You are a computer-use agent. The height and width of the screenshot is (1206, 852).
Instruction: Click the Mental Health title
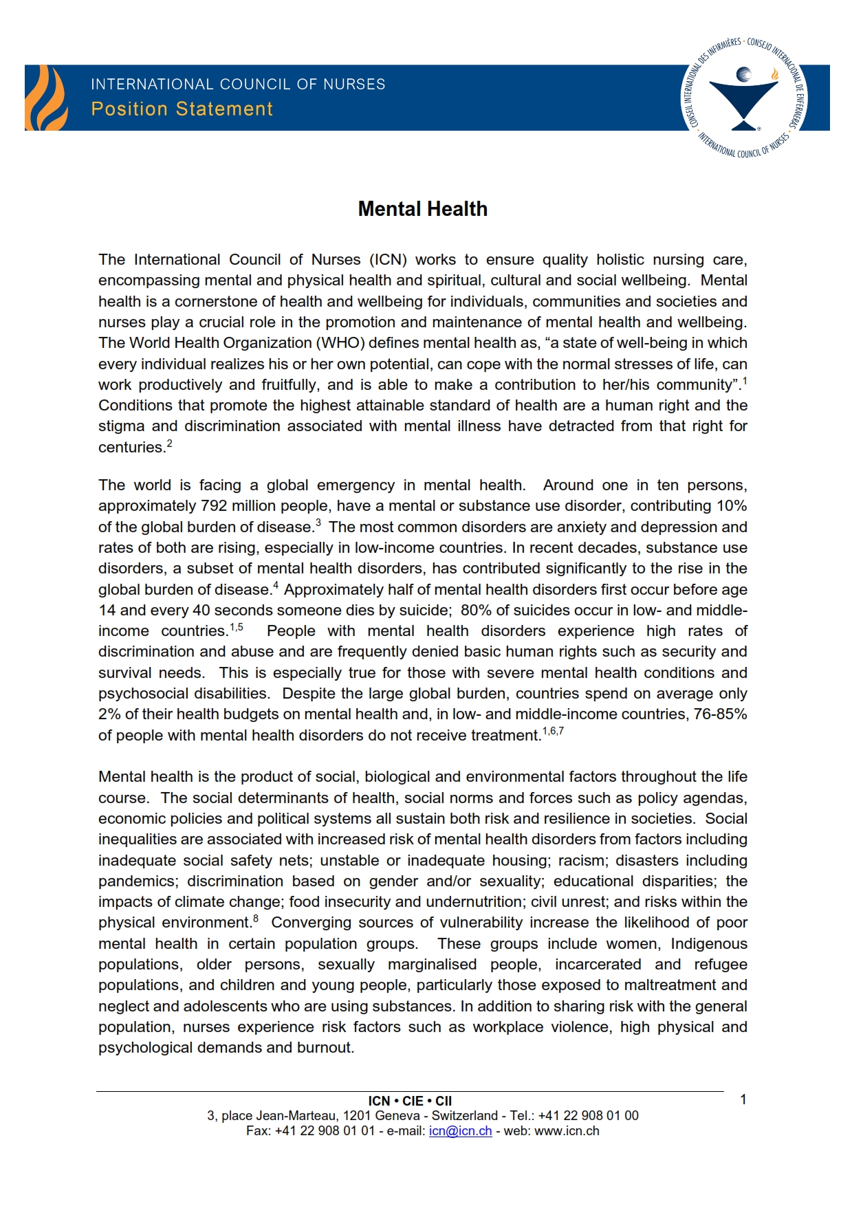[422, 209]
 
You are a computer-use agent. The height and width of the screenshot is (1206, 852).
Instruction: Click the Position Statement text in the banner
[182, 109]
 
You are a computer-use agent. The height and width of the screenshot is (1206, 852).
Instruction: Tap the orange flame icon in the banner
[46, 98]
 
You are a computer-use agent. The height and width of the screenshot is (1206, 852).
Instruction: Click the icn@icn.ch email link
[460, 1131]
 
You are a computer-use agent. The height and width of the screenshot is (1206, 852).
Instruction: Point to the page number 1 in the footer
[743, 1100]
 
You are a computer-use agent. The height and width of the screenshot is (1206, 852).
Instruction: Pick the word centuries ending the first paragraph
[131, 448]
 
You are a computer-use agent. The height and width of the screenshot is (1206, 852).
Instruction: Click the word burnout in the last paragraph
[327, 1048]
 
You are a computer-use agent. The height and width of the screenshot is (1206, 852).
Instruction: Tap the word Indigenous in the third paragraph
[709, 944]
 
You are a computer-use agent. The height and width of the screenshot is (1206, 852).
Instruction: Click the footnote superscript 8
[256, 919]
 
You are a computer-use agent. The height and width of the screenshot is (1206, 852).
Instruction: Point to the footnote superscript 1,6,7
[553, 731]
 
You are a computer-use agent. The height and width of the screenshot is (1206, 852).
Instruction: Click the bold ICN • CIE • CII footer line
[410, 1101]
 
